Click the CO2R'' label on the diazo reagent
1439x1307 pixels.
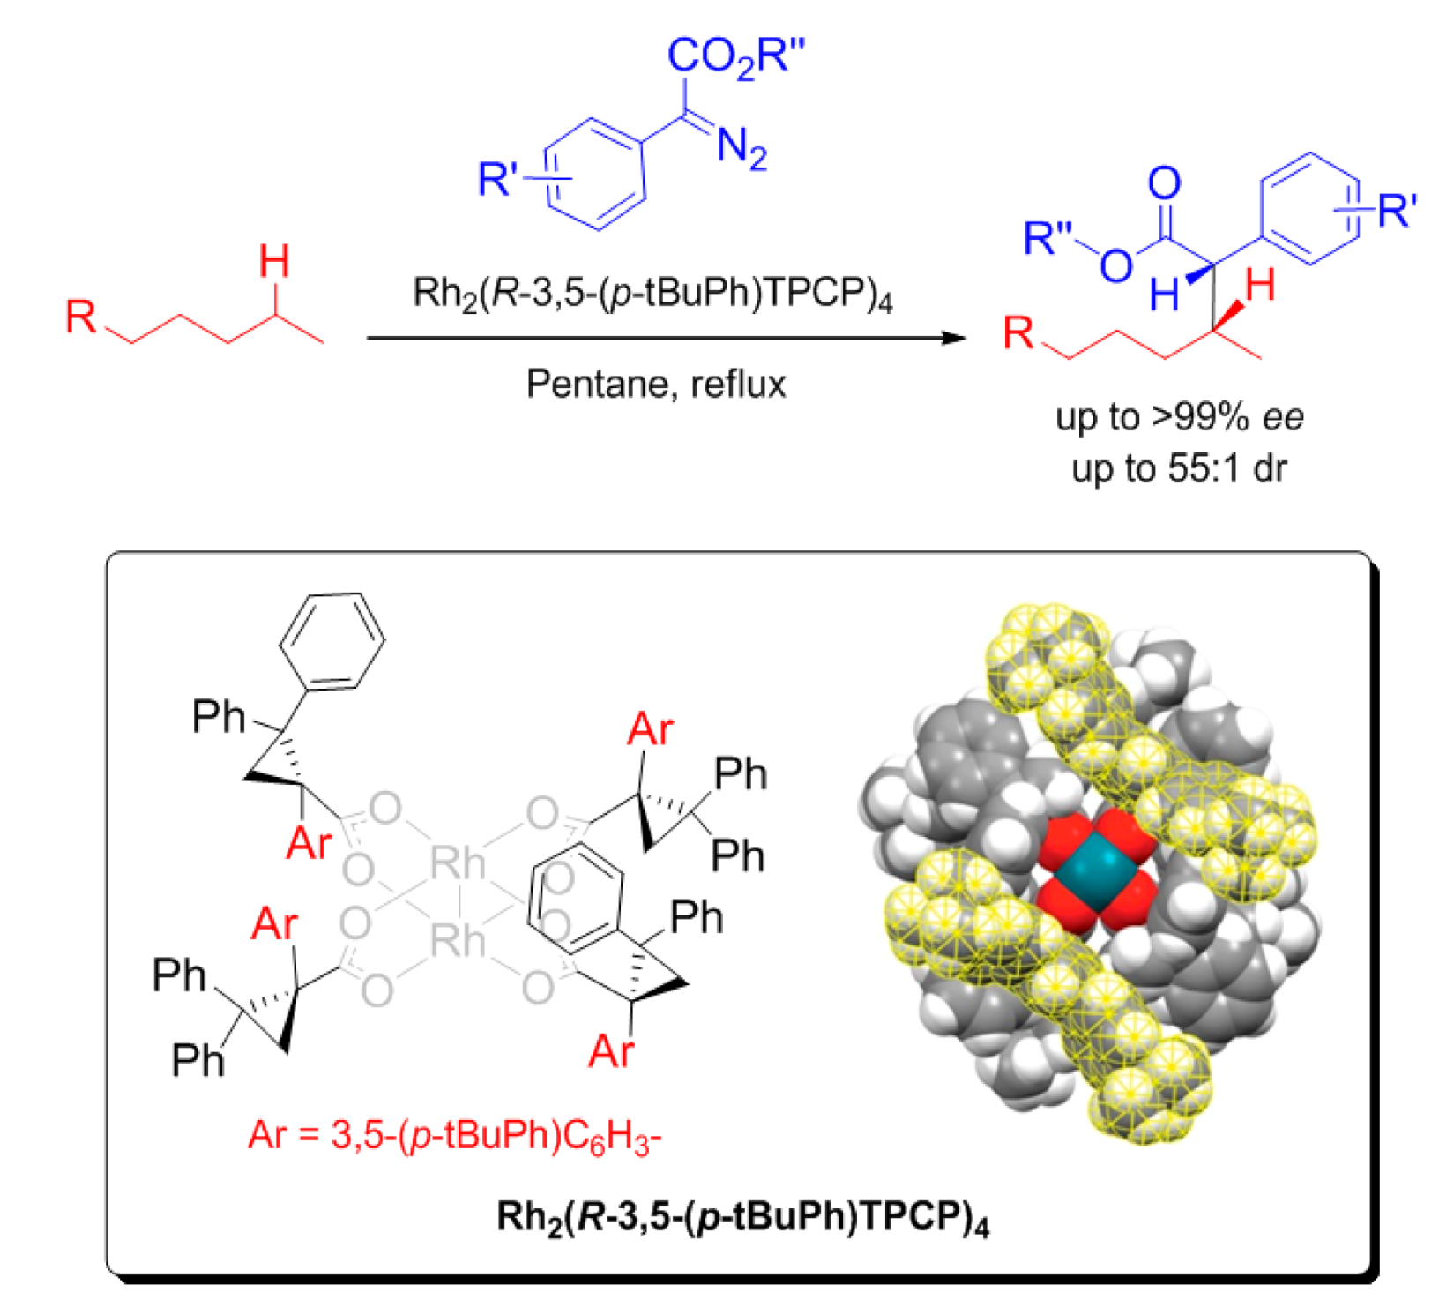coord(735,57)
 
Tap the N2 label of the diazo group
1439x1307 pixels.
coord(742,147)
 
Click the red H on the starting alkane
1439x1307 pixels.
coord(274,262)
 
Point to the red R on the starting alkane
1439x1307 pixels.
coord(81,316)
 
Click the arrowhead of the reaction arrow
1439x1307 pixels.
coord(954,338)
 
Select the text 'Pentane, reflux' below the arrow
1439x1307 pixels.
coord(656,385)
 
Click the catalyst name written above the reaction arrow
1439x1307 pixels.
coord(652,294)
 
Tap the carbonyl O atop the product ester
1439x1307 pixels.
coord(1164,183)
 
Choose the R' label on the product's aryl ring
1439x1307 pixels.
coord(1397,211)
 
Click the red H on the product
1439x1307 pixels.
coord(1260,286)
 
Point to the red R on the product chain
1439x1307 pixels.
coord(1018,333)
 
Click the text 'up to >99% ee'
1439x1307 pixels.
coord(1179,417)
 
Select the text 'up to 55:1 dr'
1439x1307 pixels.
coord(1179,468)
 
